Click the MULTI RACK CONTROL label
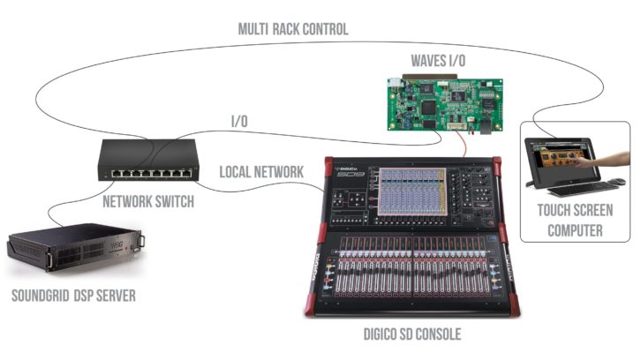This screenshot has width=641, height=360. (293, 29)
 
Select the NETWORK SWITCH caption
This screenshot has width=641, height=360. (147, 202)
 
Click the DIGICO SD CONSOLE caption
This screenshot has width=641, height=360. (412, 334)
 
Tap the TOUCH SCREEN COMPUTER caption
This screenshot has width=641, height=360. (576, 220)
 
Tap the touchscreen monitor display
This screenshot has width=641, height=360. (565, 157)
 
